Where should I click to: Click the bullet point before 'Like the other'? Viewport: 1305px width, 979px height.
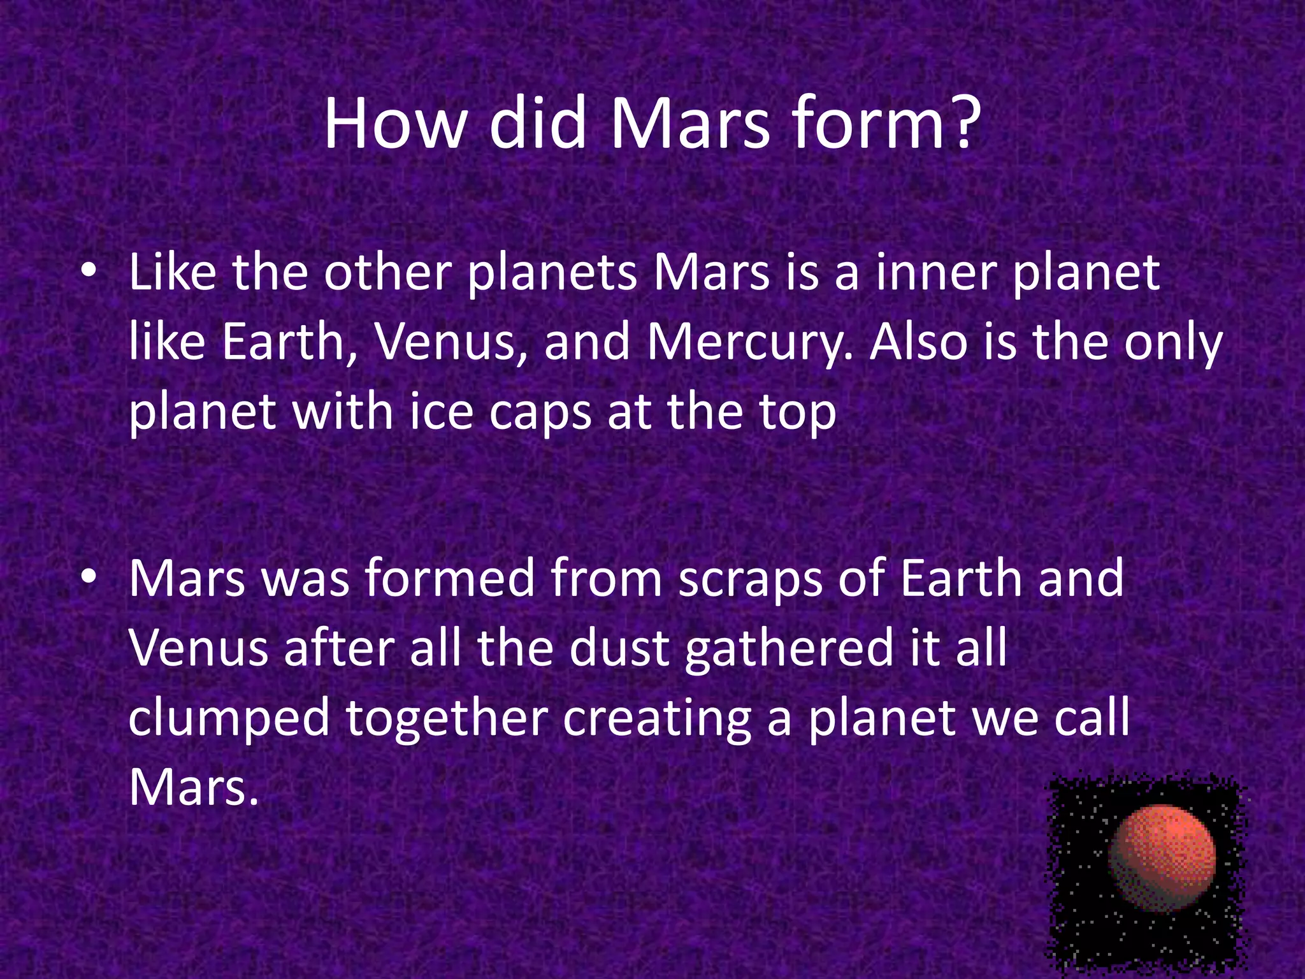coord(89,272)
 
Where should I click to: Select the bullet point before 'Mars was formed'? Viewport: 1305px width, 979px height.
coord(89,577)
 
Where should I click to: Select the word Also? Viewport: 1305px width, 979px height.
coord(919,342)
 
